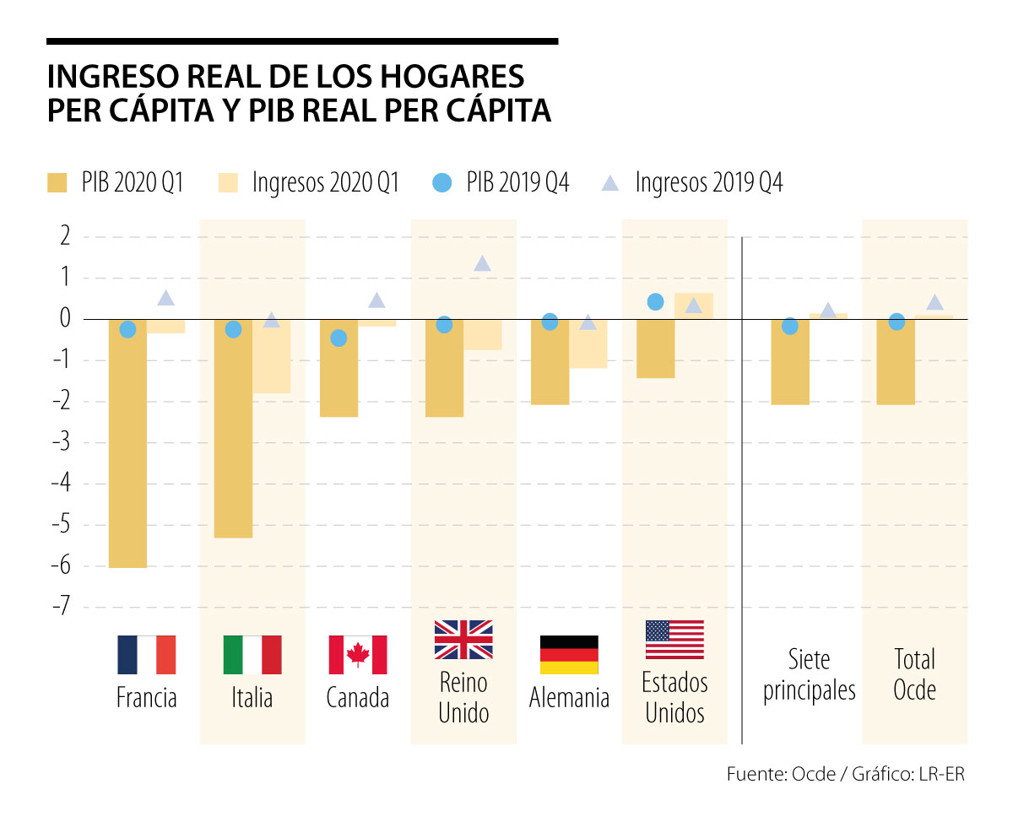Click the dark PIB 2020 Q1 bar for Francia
coord(127,443)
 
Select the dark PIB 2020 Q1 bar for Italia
coord(233,429)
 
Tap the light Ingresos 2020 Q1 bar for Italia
coord(271,356)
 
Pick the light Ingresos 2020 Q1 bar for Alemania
coord(588,343)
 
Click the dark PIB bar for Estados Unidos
coord(655,349)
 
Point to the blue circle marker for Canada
coord(339,338)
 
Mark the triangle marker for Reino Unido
coord(482,264)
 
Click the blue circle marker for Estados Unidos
coord(655,301)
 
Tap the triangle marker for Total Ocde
coord(934,303)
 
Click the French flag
coord(147,655)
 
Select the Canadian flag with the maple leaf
coord(358,655)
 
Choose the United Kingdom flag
coord(463,639)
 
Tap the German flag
coord(569,655)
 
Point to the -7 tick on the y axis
coord(59,608)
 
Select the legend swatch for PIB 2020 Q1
coord(57,182)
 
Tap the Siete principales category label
coord(809,674)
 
